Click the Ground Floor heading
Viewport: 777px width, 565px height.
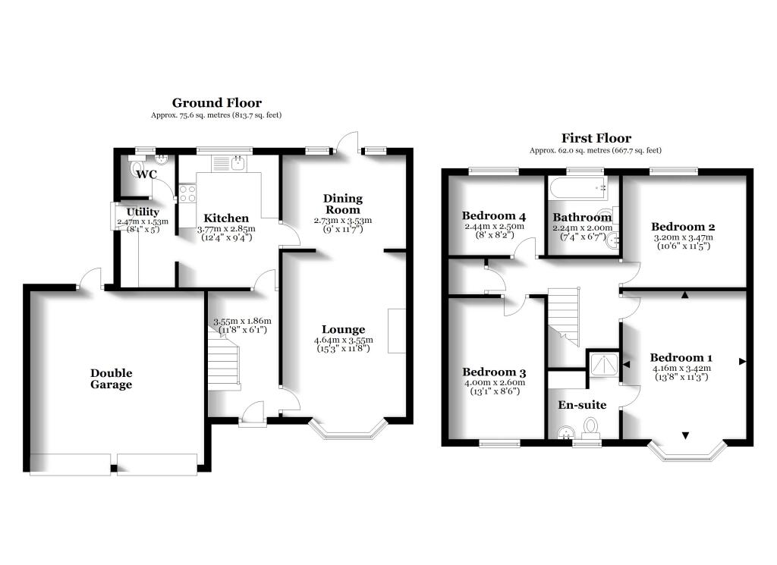point(216,103)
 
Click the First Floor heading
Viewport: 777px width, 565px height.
point(596,138)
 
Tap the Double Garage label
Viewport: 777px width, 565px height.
point(112,378)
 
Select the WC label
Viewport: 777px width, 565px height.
point(146,174)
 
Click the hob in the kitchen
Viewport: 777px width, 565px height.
point(187,193)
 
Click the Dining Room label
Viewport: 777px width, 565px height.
point(344,203)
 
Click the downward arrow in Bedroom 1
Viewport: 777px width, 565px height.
point(686,435)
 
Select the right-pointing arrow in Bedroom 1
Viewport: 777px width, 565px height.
point(742,362)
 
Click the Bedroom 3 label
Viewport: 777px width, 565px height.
point(494,372)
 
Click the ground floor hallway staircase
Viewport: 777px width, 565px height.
point(224,363)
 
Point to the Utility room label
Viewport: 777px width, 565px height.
point(143,212)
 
